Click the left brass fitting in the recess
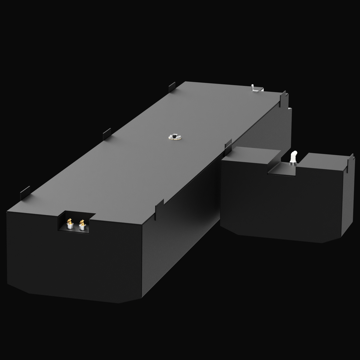[70, 221]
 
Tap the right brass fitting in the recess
[82, 223]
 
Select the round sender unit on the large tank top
[175, 137]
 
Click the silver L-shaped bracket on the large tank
[255, 88]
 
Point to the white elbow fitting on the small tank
[294, 155]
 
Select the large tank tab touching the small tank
[228, 147]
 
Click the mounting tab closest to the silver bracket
[283, 99]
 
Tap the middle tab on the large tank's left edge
[107, 134]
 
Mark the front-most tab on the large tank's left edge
[25, 193]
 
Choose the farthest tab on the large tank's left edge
[172, 87]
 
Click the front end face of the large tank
[73, 260]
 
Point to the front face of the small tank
[280, 203]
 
